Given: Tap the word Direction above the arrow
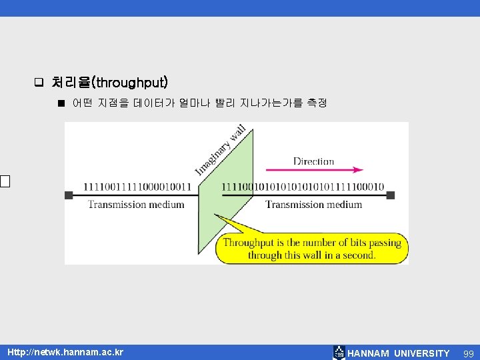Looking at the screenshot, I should click(313, 161).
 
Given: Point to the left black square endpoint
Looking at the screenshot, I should click(69, 195).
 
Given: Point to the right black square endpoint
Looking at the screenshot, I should click(391, 195).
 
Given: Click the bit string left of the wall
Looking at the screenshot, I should click(137, 187).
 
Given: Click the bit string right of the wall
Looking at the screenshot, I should click(303, 187).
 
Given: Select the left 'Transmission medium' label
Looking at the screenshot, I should click(136, 205).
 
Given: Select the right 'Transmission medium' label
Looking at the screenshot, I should click(314, 205).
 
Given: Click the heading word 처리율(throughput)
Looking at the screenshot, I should click(110, 83).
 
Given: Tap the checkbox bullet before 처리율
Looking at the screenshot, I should click(39, 83).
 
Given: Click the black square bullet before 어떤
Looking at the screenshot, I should click(61, 103).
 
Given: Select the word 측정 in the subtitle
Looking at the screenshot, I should click(317, 103).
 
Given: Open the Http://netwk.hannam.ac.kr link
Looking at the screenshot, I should click(65, 352).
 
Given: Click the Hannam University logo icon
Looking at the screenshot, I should click(339, 353).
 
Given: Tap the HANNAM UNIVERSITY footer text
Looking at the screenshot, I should click(399, 353).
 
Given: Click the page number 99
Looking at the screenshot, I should click(469, 353).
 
